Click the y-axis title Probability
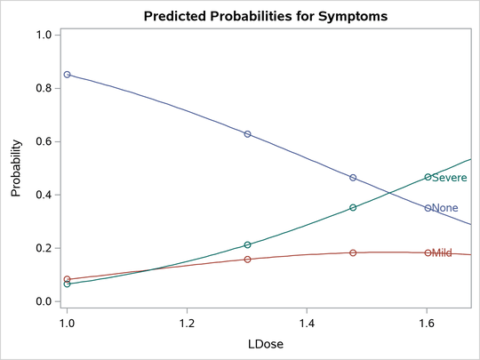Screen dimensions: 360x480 (x=16, y=168)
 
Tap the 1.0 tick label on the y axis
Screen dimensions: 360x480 (x=43, y=35)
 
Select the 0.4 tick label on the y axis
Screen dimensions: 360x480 (x=43, y=195)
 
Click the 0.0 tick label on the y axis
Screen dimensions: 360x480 (x=43, y=301)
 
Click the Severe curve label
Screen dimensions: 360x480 (x=449, y=178)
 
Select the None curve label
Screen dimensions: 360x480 (x=444, y=208)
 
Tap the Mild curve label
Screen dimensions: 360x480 (x=442, y=253)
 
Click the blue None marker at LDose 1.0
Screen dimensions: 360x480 (x=67, y=75)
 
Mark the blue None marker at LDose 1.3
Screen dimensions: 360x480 (x=247, y=134)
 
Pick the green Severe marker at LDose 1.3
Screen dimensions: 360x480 (x=247, y=244)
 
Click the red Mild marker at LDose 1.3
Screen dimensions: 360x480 (x=247, y=260)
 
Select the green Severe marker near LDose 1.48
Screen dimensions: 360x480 (x=353, y=207)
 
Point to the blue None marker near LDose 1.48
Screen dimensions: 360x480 (x=353, y=178)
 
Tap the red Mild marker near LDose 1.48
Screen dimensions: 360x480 (x=353, y=252)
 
